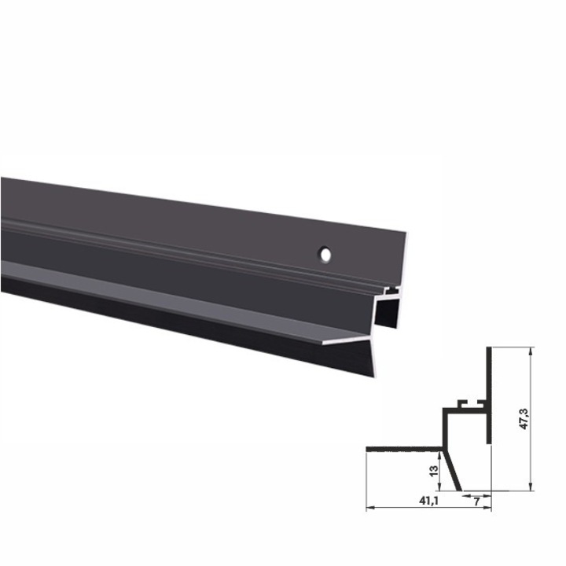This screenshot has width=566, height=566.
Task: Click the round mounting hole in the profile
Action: click(x=324, y=255)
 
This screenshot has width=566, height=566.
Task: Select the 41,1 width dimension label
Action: click(x=428, y=499)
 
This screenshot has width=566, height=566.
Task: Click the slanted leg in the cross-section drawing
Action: click(x=454, y=470)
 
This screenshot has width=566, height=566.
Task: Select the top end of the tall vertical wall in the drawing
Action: click(x=489, y=349)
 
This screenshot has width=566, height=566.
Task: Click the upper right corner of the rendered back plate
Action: click(x=409, y=233)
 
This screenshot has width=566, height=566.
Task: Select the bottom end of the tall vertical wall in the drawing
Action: click(x=489, y=440)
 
